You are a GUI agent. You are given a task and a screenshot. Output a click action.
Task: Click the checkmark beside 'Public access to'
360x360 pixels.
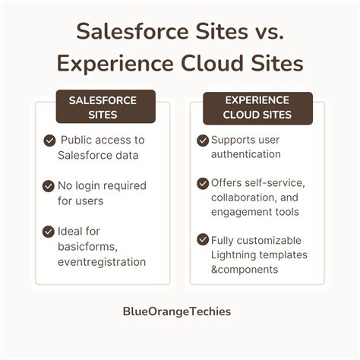49,141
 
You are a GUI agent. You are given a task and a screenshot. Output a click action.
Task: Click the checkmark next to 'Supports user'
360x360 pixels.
203,141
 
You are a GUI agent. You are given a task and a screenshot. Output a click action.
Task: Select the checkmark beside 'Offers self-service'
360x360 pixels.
203,183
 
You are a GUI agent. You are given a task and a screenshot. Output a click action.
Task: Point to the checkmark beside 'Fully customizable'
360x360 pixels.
203,240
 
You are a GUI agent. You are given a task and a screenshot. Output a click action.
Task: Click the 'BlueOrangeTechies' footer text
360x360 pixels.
179,311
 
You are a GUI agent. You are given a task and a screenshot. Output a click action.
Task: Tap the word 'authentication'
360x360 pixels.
246,155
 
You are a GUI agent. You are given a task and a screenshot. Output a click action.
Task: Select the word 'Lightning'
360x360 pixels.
234,255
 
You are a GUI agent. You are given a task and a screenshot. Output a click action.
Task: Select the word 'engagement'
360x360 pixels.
242,212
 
